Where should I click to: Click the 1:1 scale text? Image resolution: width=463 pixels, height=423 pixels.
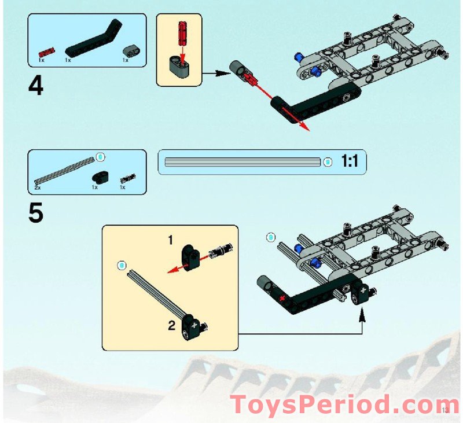tap(351, 162)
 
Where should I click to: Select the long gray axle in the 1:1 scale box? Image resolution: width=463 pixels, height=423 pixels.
tap(242, 163)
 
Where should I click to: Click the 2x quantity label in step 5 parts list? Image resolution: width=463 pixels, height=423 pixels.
tap(37, 187)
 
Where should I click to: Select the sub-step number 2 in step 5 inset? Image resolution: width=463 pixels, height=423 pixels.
tap(171, 325)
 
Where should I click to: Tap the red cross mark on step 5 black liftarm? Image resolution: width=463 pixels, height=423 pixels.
tap(282, 298)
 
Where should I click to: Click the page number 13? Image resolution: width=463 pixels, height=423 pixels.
tap(444, 410)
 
